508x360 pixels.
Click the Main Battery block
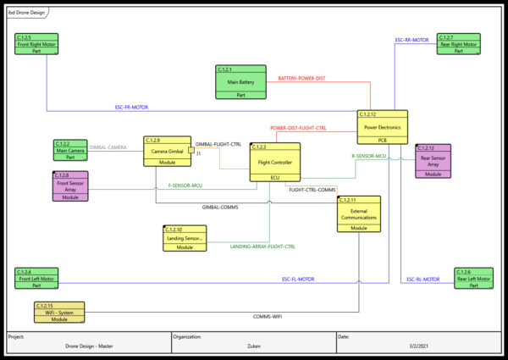click(241, 82)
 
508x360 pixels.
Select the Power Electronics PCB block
click(383, 127)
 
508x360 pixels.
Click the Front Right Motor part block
click(36, 44)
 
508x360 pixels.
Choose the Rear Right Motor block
click(457, 44)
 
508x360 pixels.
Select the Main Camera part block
click(70, 150)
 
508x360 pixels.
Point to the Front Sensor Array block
click(70, 186)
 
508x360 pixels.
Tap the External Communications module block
click(359, 213)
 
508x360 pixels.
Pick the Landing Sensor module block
click(185, 238)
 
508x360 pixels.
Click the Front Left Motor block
click(36, 279)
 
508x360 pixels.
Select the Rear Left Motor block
click(473, 279)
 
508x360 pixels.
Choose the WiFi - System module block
click(59, 312)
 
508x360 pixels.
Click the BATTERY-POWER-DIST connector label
click(301, 79)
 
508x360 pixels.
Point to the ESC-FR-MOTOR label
click(132, 108)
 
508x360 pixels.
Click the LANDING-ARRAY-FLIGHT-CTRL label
click(262, 246)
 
